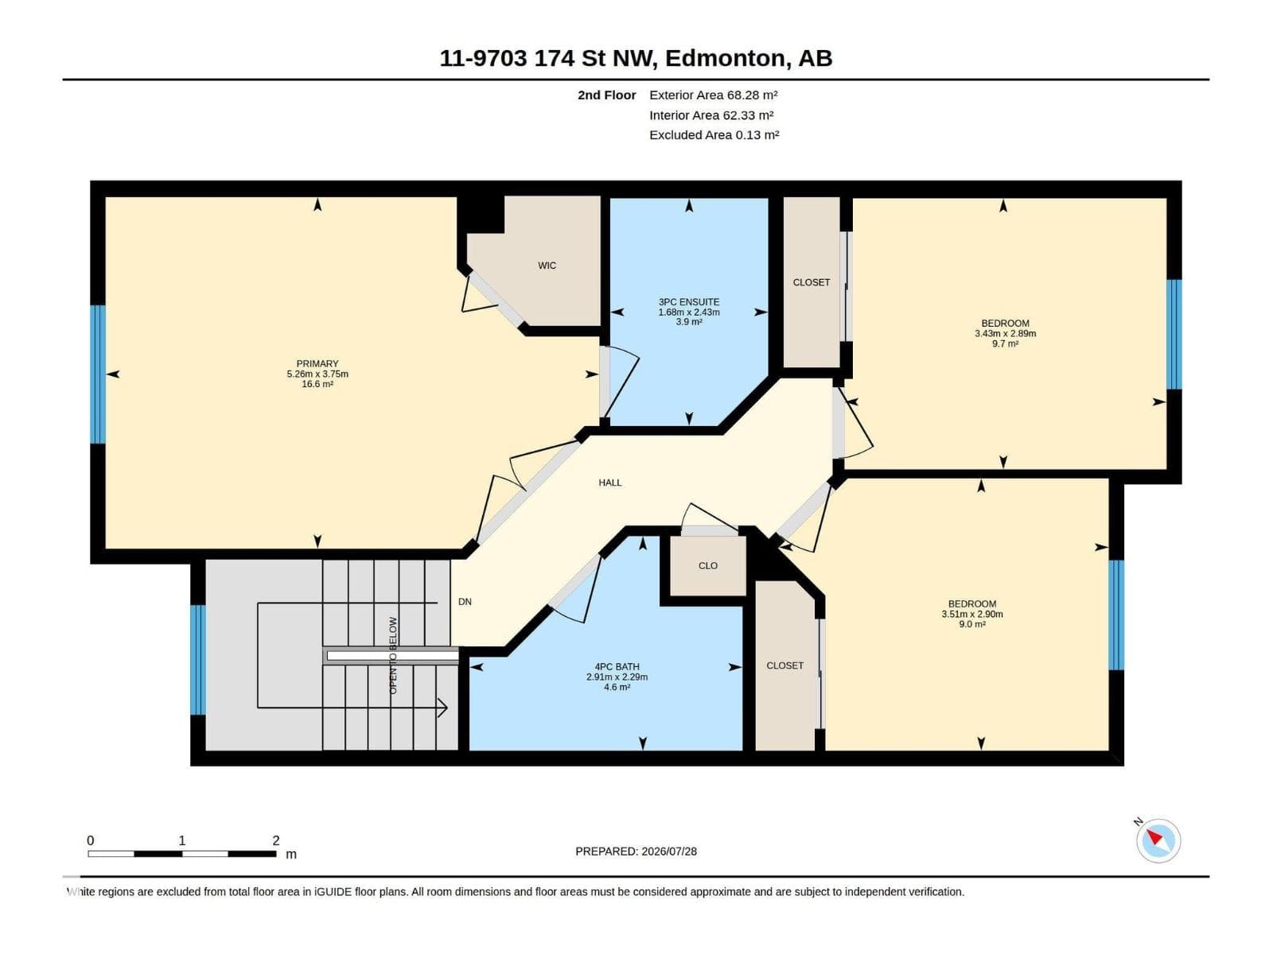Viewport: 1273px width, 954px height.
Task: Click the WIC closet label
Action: point(547,266)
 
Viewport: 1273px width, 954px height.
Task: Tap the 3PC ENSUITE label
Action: point(688,302)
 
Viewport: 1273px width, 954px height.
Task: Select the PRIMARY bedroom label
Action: point(317,364)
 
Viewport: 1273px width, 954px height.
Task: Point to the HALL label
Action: point(609,483)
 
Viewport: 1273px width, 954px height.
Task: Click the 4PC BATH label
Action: point(617,667)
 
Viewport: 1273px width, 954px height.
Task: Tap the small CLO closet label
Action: point(707,565)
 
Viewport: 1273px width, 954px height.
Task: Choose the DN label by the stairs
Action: point(465,601)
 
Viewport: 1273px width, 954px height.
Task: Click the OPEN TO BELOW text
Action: point(392,654)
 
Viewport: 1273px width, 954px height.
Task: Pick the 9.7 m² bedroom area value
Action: point(1005,343)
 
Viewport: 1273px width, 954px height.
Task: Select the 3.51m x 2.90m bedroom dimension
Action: point(972,614)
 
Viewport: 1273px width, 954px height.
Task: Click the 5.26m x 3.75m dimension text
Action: point(317,374)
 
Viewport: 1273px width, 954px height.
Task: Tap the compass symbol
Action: point(1158,840)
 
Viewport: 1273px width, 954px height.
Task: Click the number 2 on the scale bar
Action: point(276,840)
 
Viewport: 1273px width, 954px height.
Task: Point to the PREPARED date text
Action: point(636,851)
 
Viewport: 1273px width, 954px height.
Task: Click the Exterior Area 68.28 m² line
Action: point(714,95)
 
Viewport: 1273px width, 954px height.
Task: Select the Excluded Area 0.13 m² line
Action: point(714,135)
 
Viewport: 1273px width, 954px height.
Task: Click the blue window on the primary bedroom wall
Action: point(98,374)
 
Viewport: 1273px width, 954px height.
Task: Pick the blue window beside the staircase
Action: point(198,660)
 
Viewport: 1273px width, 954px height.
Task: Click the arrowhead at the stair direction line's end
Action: point(444,708)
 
